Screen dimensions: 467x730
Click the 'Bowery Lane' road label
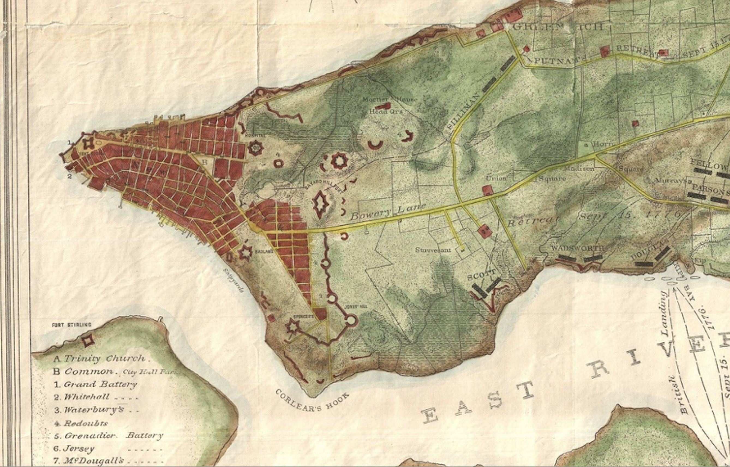(x=388, y=212)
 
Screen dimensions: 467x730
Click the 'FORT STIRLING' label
(x=71, y=325)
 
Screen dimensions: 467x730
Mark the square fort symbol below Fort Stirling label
(x=88, y=341)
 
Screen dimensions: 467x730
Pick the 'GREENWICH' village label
(x=557, y=27)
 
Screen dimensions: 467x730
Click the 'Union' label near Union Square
(x=496, y=178)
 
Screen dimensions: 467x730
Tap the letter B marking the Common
(x=205, y=162)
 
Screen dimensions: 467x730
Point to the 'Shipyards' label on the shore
(x=234, y=280)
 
